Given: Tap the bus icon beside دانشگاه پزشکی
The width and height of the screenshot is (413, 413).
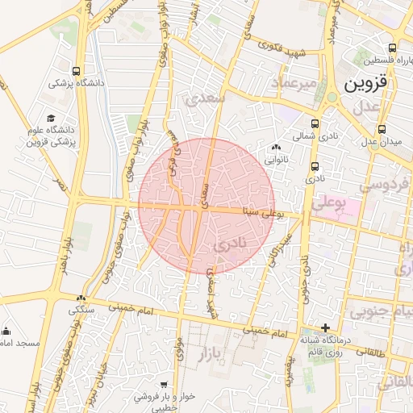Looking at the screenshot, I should [76, 70].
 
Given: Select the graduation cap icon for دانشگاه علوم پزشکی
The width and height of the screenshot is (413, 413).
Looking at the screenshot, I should [52, 118].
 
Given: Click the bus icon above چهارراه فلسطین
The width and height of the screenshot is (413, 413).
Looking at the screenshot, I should [392, 48].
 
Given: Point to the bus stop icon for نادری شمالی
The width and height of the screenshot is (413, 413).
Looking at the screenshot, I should [314, 124].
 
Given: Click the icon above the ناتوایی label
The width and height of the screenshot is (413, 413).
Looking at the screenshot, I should [277, 148].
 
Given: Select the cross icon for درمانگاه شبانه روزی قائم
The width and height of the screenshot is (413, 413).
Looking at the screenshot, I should [324, 327].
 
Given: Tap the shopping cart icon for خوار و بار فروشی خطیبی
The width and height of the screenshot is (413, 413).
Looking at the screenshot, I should [164, 385].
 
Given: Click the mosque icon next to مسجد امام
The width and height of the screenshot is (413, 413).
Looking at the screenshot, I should [6, 330].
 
